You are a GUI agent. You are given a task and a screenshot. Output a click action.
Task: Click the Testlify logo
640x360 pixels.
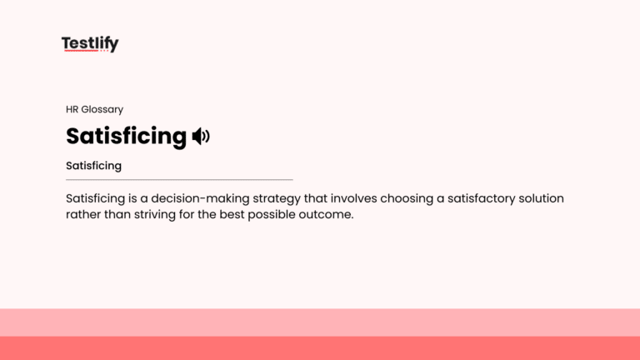point(90,44)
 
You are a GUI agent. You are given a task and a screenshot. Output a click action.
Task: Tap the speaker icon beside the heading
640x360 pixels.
point(201,136)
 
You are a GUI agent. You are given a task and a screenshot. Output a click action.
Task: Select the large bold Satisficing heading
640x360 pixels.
point(126,136)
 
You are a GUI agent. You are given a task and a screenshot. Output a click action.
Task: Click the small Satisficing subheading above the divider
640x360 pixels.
point(93,166)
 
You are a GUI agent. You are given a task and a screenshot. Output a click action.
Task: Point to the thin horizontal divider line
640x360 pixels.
point(179,179)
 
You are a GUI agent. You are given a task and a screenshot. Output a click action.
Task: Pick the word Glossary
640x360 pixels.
point(102,109)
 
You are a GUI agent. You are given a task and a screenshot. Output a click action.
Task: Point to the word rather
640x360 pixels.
point(83,214)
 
